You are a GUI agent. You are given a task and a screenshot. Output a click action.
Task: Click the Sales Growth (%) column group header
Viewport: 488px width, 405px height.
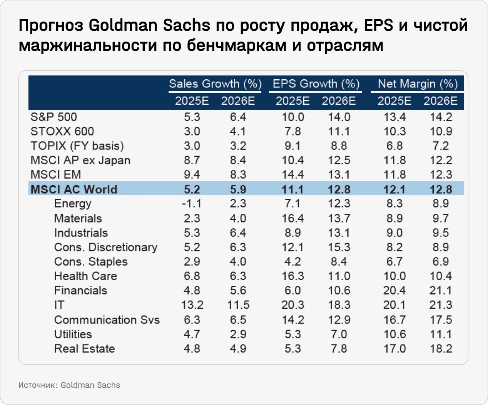215,84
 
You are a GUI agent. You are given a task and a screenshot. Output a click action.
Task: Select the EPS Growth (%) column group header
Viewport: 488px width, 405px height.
316,84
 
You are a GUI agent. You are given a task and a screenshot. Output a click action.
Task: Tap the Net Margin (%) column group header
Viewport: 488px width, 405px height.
418,84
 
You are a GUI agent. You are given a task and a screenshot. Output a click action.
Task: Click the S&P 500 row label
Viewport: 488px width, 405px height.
53,117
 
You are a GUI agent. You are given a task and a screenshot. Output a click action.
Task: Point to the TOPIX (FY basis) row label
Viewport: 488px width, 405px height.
77,146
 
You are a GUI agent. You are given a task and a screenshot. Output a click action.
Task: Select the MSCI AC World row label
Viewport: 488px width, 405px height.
74,189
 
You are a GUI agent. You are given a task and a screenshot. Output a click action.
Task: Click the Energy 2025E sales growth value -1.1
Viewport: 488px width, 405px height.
192,204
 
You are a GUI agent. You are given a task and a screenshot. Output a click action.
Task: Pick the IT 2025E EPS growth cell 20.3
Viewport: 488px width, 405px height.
292,305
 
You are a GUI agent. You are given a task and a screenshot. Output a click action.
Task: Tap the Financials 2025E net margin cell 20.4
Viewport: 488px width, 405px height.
394,291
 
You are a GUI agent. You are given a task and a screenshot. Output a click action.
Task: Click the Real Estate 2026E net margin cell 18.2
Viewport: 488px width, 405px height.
441,349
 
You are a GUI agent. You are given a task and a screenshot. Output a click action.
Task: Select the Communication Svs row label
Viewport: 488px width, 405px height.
107,320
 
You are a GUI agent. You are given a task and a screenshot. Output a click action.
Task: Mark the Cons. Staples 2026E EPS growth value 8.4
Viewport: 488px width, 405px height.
339,262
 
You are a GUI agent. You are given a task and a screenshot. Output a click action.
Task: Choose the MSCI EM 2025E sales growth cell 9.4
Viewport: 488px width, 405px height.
192,175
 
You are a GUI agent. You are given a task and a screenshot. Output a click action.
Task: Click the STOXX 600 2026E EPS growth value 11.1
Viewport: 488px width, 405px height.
339,132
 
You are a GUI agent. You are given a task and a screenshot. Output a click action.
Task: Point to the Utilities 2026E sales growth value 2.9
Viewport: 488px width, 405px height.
238,334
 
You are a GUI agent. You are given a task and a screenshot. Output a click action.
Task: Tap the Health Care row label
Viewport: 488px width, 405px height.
85,276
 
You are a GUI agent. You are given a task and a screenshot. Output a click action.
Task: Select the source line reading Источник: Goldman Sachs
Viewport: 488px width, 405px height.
69,385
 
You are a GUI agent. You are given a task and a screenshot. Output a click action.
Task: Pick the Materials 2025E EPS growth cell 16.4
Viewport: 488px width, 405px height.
292,218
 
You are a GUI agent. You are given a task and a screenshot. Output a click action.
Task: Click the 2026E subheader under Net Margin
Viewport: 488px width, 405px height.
441,101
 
